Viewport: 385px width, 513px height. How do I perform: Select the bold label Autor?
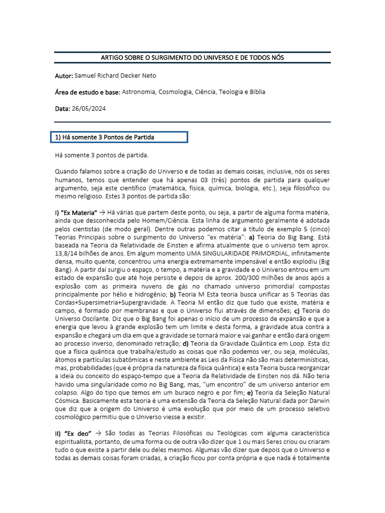pyautogui.click(x=64, y=75)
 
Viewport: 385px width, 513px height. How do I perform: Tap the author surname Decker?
pyautogui.click(x=130, y=75)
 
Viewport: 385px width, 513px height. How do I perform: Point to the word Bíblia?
pyautogui.click(x=255, y=92)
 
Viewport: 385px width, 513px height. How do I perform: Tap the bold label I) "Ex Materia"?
pyautogui.click(x=76, y=213)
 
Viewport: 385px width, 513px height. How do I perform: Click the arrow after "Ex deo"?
pyautogui.click(x=98, y=432)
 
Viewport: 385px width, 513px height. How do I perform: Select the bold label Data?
pyautogui.click(x=63, y=108)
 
